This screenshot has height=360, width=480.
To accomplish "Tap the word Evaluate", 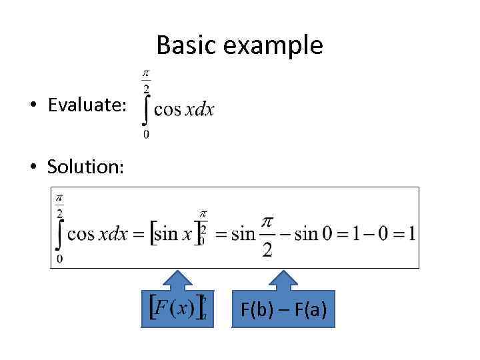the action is pos(86,106).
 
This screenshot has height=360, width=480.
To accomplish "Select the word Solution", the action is pos(85,167).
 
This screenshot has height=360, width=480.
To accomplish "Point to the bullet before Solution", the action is pos(31,167).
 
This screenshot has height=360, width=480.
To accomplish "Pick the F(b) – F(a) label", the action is pos(283,309).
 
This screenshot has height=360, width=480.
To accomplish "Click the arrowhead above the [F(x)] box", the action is pos(177,280).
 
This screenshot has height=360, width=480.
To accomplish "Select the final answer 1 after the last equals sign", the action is pos(412,233).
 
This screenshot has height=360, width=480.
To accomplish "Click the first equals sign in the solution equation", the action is pos(139,234).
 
